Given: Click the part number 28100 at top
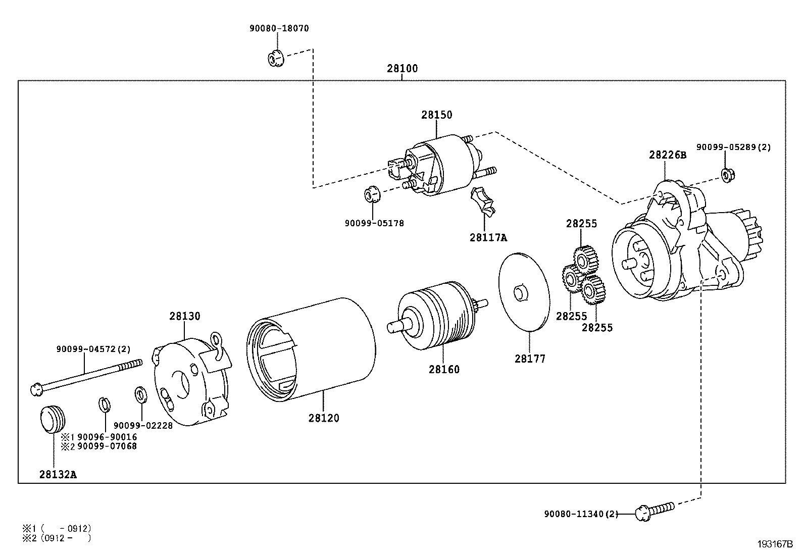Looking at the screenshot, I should point(402,68).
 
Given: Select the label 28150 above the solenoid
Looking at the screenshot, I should point(437,115).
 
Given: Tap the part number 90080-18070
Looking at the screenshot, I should point(279,29).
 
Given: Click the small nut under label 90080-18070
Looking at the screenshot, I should point(275,59).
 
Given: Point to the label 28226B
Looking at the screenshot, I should point(667,155).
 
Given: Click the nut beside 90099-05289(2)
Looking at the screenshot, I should point(728,175).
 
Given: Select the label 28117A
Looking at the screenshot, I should point(488,237).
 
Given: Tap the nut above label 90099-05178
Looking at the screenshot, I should point(372,194).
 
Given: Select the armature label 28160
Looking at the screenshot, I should point(444,369).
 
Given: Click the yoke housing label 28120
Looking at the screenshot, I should point(324,418).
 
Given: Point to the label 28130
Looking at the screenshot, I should point(184,316).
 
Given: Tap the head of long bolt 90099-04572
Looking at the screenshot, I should point(36,389).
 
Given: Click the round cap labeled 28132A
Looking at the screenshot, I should point(53,418).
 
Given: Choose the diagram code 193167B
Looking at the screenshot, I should point(775,544).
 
